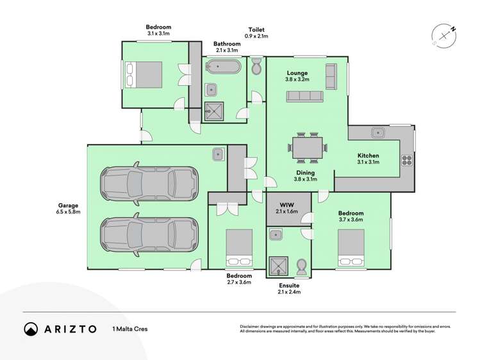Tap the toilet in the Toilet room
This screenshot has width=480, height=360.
pyautogui.click(x=256, y=66)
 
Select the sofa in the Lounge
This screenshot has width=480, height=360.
pyautogui.click(x=304, y=96)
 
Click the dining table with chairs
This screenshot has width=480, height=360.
pyautogui.click(x=308, y=147)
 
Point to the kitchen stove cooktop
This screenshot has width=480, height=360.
pyautogui.click(x=406, y=161)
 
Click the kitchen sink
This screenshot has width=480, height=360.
pyautogui.click(x=379, y=133)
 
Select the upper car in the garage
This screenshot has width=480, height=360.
pyautogui.click(x=148, y=184)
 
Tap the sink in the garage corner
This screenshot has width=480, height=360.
pyautogui.click(x=219, y=154)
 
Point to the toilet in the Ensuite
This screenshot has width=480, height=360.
pyautogui.click(x=301, y=267)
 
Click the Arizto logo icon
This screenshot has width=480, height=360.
pyautogui.click(x=31, y=329)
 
